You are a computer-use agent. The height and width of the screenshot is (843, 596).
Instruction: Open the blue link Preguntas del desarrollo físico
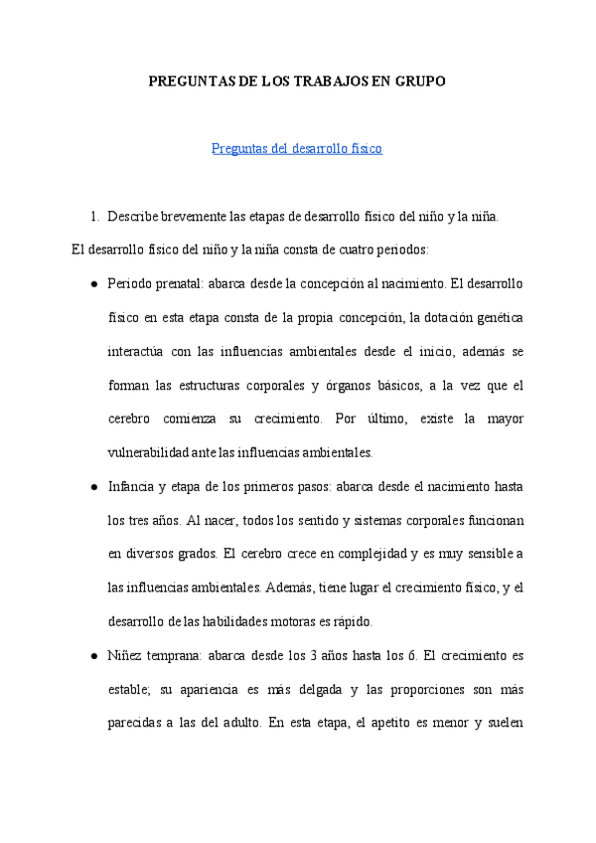[x=297, y=149]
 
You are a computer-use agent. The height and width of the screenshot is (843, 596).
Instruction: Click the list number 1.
[x=94, y=216]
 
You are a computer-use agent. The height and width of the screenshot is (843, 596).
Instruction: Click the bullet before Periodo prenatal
[x=93, y=283]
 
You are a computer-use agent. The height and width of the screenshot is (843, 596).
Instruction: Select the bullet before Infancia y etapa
[x=93, y=487]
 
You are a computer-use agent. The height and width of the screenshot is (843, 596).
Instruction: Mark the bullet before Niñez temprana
[x=93, y=656]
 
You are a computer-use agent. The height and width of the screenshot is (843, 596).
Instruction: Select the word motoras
[x=295, y=622]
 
